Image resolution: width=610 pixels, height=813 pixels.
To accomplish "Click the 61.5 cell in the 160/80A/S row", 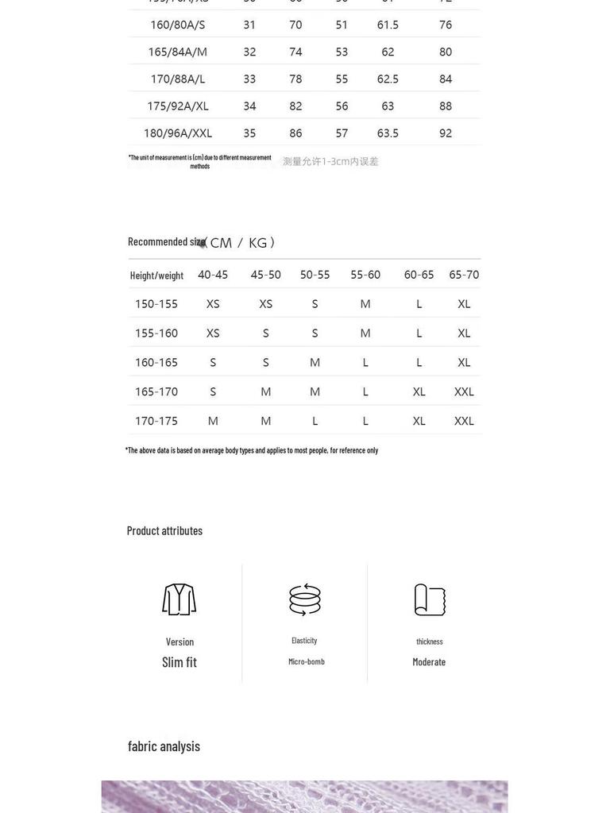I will pos(388,25).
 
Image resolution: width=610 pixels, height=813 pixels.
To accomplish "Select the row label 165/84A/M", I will pos(177,52).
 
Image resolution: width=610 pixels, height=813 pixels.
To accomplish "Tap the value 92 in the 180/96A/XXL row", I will pos(446,133).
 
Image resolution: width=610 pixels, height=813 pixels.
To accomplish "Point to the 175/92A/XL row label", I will pos(177,106).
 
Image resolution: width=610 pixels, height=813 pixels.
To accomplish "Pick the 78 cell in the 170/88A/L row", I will pos(295,79).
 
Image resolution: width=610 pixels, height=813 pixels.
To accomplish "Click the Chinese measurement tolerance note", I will pos(330,162).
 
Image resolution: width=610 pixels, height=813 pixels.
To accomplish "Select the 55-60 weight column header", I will pos(365,275).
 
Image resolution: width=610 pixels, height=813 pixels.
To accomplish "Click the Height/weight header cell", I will pos(156,275).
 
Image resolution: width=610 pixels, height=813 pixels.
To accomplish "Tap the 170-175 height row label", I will pos(156,421).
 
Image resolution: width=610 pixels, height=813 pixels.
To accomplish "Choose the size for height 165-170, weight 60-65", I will pos(419,391).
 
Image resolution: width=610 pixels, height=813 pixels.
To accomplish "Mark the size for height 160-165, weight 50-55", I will pos(315,363).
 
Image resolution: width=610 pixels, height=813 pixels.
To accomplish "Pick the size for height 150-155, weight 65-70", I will pos(464,304).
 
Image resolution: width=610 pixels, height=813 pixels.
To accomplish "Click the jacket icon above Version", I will pos(180,599).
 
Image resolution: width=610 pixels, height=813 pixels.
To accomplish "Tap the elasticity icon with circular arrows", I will pos(305,599).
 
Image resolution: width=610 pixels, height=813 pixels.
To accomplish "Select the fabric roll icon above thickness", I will pos(430,599).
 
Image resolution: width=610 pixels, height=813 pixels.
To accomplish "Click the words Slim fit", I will pos(180,662).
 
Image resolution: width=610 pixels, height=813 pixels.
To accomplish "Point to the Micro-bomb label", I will pos(306,661).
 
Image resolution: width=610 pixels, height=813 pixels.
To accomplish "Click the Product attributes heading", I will pos(164,530).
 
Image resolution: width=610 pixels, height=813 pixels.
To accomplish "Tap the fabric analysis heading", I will pos(164,746).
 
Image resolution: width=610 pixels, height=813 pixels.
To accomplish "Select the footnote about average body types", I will pos(252,450).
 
